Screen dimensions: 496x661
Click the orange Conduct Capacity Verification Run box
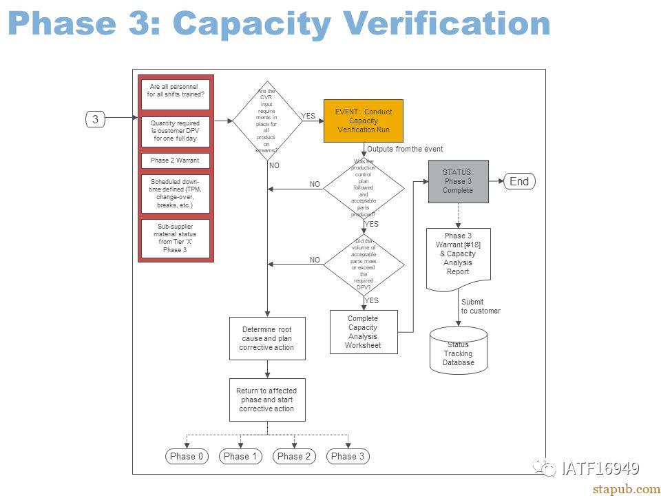coord(363,121)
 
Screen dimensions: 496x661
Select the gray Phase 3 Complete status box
coord(458,181)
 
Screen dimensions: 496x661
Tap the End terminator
coord(518,181)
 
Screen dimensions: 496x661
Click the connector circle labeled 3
coord(96,119)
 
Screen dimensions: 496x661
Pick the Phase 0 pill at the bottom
coord(187,456)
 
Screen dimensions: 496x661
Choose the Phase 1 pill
coord(241,456)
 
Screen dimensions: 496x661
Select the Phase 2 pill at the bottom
coord(295,456)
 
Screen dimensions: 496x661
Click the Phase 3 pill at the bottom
coord(348,456)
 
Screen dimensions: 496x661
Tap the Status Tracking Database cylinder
coord(458,351)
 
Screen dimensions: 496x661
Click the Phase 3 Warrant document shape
coord(458,255)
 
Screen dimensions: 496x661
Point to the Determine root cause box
coord(266,338)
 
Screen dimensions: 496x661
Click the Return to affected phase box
coord(266,400)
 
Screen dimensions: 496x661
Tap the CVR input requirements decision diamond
coord(267,121)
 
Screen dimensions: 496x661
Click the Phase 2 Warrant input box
coord(175,161)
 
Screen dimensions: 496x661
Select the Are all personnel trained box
coord(175,91)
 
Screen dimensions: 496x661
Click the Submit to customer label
coord(481,307)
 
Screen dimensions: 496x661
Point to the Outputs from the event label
coord(405,149)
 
